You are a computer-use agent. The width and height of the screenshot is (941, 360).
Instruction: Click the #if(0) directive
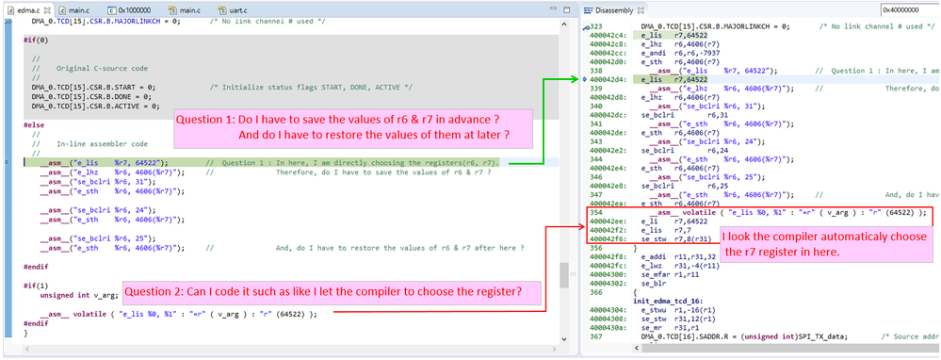[x=37, y=40]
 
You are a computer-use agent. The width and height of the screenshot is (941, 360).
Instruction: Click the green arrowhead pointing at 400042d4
[x=579, y=80]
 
